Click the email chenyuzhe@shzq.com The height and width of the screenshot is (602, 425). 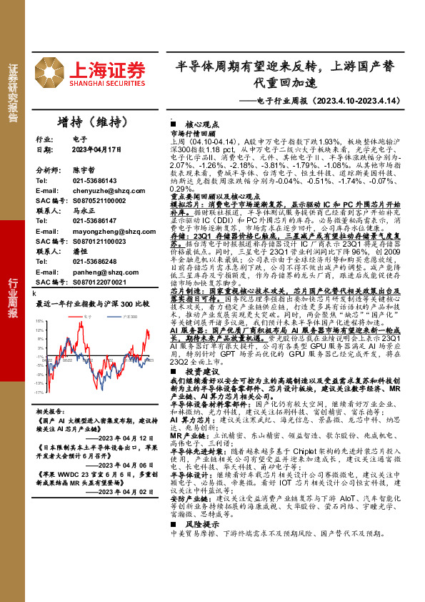(106, 192)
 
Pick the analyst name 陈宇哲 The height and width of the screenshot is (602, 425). (84, 172)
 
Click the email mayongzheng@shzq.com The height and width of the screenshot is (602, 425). (109, 232)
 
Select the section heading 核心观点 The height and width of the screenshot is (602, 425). (197, 124)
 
